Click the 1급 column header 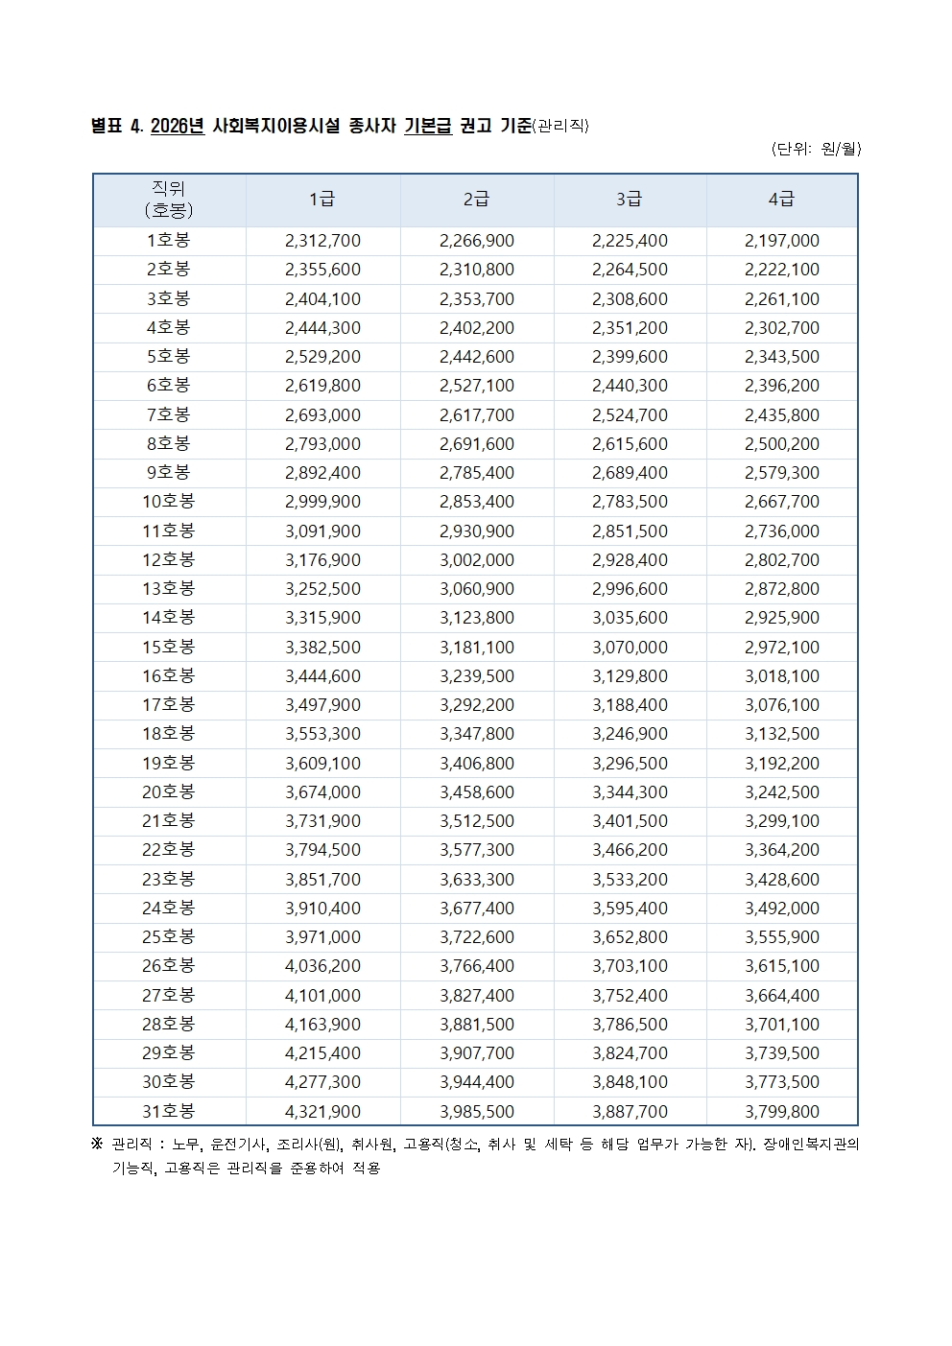pyautogui.click(x=322, y=200)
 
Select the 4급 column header pyautogui.click(x=781, y=200)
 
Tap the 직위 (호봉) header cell pyautogui.click(x=169, y=200)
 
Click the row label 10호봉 pyautogui.click(x=169, y=502)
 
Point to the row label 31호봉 pyautogui.click(x=169, y=1111)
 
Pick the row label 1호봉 pyautogui.click(x=169, y=241)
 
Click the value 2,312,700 pyautogui.click(x=322, y=241)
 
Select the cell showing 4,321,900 pyautogui.click(x=322, y=1111)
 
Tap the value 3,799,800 pyautogui.click(x=781, y=1111)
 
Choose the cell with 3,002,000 pyautogui.click(x=476, y=559)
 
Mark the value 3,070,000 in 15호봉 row pyautogui.click(x=630, y=647)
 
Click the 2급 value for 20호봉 pyautogui.click(x=476, y=792)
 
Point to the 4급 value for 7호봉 pyautogui.click(x=781, y=414)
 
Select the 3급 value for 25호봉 pyautogui.click(x=630, y=937)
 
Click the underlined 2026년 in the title pyautogui.click(x=178, y=127)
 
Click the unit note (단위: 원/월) pyautogui.click(x=816, y=149)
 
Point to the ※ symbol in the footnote pyautogui.click(x=97, y=1145)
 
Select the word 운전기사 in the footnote pyautogui.click(x=238, y=1145)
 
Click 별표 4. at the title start pyautogui.click(x=117, y=127)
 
